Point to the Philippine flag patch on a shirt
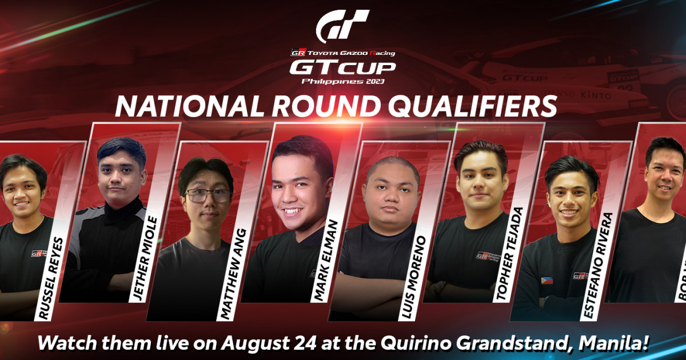pyautogui.click(x=547, y=281)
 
